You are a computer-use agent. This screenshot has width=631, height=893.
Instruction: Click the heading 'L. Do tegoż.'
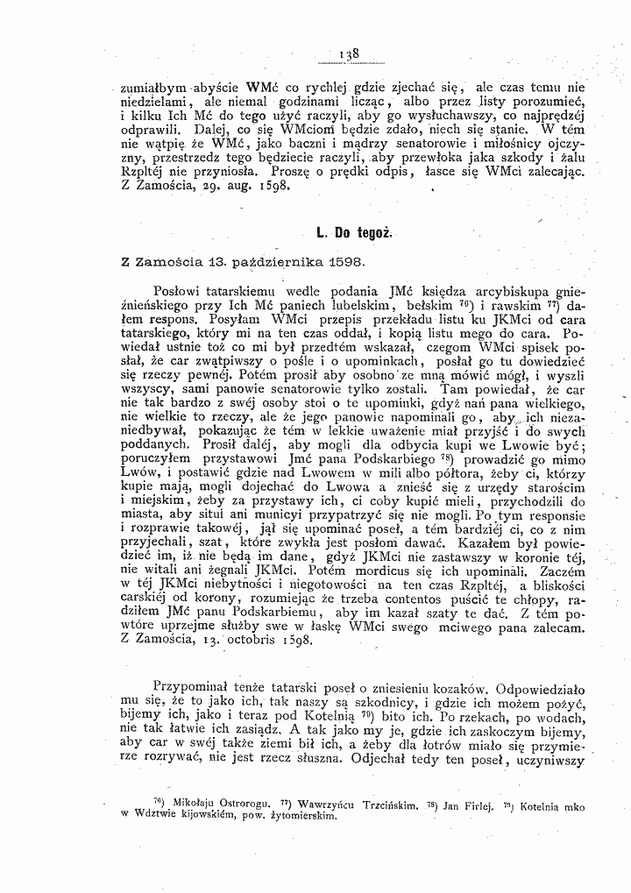pos(354,234)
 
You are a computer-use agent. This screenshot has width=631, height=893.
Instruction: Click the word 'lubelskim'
pos(344,306)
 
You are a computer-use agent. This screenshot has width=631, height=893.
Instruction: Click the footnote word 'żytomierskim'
pos(297,815)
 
